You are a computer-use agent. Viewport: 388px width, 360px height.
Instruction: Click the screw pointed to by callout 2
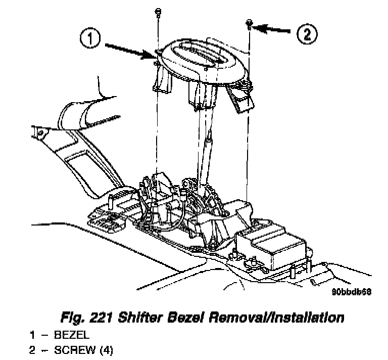pos(250,22)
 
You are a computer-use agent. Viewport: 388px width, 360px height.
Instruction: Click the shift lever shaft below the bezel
pos(207,157)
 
